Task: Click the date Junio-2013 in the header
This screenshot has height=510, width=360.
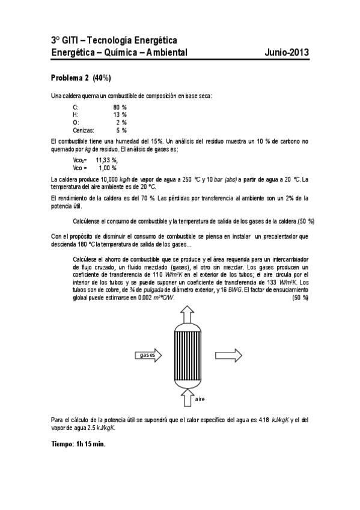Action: click(x=287, y=53)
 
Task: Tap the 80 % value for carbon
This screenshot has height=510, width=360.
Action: click(x=120, y=106)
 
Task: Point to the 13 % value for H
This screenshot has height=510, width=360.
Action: click(x=120, y=114)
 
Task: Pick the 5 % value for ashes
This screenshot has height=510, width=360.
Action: click(x=121, y=129)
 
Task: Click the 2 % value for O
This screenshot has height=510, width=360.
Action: click(x=121, y=121)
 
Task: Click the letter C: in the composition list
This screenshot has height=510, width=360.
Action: click(x=75, y=106)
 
